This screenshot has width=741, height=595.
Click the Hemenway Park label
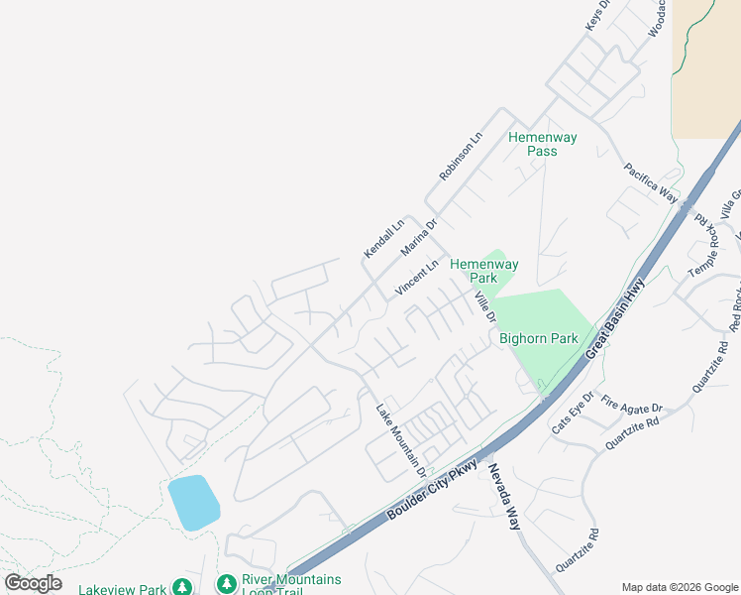484,272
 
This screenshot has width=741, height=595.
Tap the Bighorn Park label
539,338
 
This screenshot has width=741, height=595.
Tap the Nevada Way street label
503,496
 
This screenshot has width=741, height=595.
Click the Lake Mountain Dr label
400,437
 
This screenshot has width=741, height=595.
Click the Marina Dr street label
418,238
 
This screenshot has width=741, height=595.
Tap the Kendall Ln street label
383,239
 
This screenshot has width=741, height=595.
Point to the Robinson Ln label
461,156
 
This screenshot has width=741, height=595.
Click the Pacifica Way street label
650,182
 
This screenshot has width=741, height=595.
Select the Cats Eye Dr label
573,412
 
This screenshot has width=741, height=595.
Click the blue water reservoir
193,502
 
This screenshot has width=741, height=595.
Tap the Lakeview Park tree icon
182,588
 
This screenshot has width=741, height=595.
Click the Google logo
33,583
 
